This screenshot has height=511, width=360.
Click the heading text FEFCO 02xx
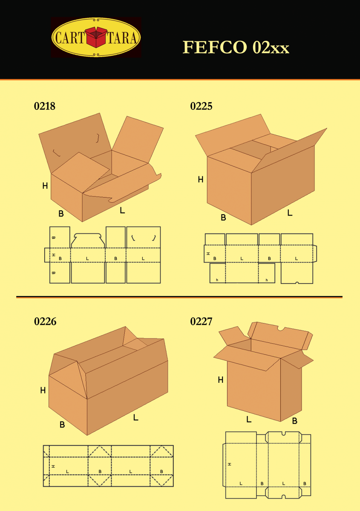tap(236, 47)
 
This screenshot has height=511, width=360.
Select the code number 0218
tap(45, 106)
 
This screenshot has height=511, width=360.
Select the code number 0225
tap(201, 106)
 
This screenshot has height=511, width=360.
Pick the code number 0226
tap(45, 322)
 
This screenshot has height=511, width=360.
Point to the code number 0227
tap(201, 322)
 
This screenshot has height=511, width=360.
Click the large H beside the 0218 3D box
tap(45, 186)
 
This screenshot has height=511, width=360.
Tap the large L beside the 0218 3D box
tap(122, 210)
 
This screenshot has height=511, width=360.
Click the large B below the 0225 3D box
tap(223, 218)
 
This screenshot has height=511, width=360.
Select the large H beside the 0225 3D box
tap(200, 180)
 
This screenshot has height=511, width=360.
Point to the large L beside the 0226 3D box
tap(135, 418)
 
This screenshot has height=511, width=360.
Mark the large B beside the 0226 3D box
tap(62, 425)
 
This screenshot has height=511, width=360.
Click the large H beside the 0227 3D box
tap(220, 380)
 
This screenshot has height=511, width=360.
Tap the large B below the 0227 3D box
tap(294, 421)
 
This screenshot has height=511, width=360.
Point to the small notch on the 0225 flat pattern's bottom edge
tap(297, 283)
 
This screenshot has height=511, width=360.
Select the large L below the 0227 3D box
tap(248, 419)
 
